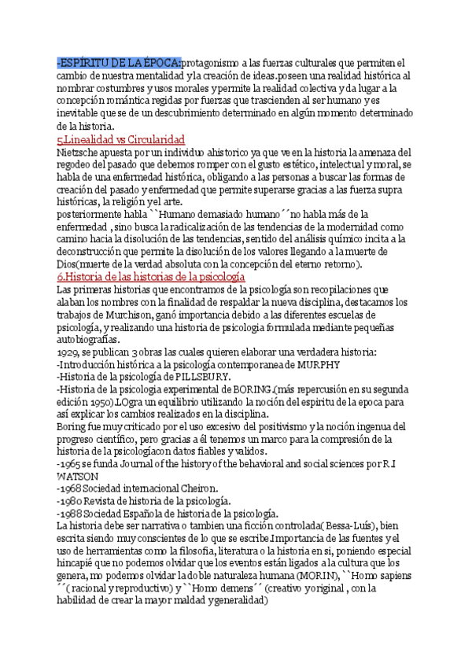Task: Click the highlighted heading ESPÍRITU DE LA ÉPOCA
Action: tap(119, 63)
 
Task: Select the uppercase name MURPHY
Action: tap(320, 366)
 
